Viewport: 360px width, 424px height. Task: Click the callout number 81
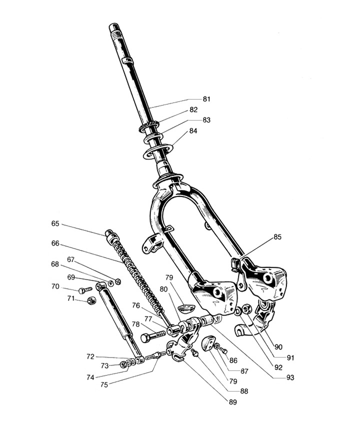coord(192,99)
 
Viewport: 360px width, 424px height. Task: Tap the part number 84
coord(192,131)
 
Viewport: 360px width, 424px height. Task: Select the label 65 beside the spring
coord(55,223)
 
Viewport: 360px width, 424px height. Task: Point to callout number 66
coord(55,243)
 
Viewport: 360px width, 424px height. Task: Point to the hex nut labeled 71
coord(91,300)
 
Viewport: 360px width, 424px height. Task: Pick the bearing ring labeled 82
coord(148,125)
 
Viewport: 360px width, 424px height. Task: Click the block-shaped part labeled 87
coord(207,345)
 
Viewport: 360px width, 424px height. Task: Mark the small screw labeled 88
coord(195,353)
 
